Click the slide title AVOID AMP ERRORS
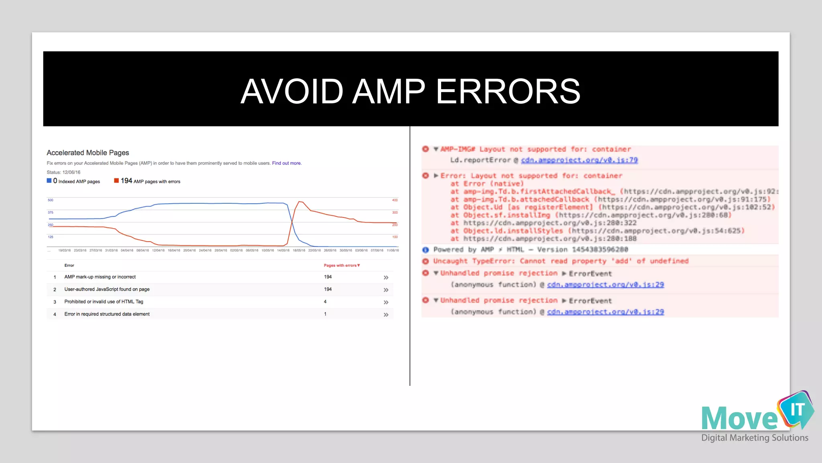[410, 91]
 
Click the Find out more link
[287, 163]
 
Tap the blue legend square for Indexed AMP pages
[49, 181]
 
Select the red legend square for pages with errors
[116, 181]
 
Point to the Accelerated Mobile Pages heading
[87, 153]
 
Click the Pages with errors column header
[342, 265]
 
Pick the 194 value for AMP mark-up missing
[328, 277]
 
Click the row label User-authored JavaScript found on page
[107, 289]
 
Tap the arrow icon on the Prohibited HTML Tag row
[386, 302]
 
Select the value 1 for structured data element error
[325, 314]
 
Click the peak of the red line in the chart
[300, 201]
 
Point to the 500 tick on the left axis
[50, 200]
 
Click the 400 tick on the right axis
[395, 200]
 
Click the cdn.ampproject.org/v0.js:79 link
[579, 160]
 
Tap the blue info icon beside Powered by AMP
[425, 250]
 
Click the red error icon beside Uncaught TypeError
[425, 261]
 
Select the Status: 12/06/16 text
[63, 172]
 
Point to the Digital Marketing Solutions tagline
[755, 438]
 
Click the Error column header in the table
[69, 265]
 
